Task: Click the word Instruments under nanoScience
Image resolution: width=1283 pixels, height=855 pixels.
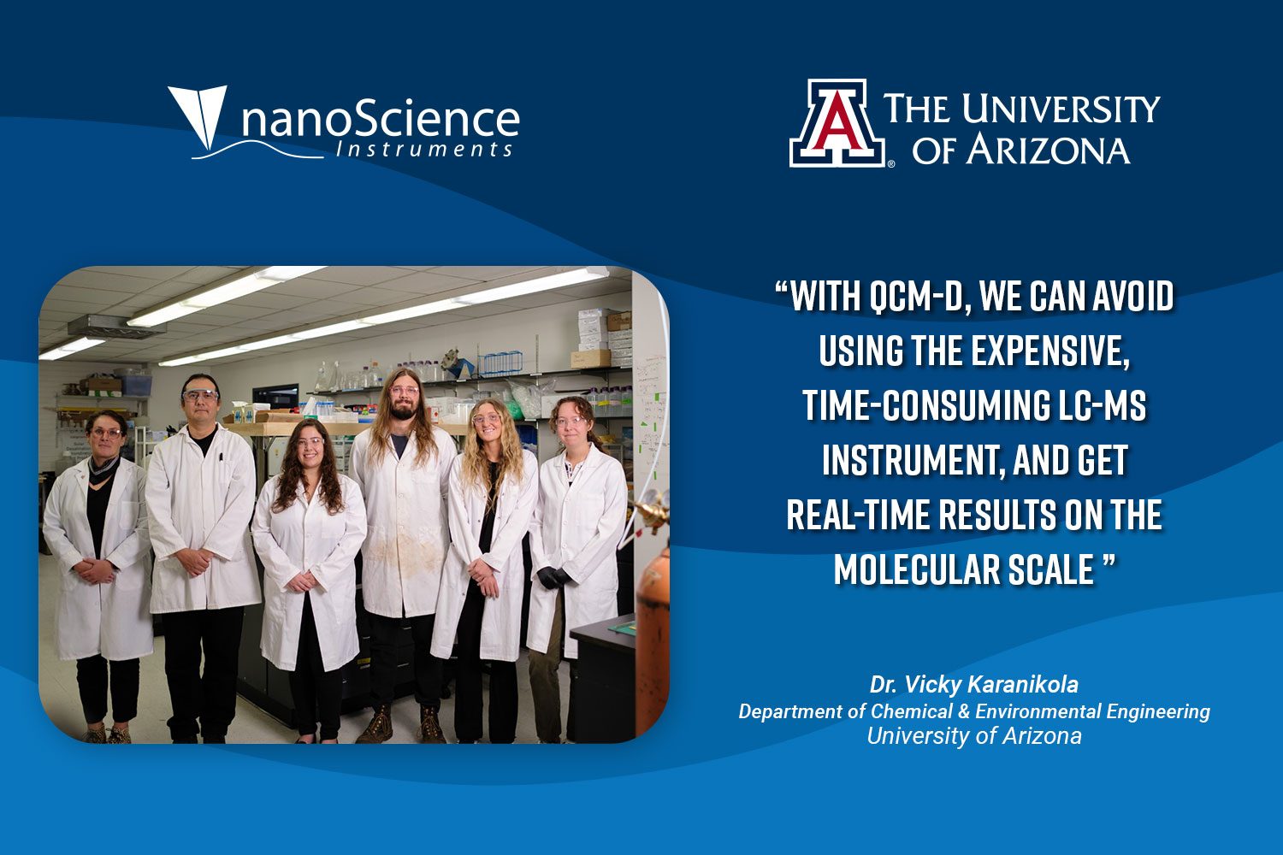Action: [x=424, y=150]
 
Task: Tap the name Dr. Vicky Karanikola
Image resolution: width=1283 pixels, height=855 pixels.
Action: [x=973, y=684]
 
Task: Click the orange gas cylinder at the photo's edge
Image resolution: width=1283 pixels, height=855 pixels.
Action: [x=653, y=635]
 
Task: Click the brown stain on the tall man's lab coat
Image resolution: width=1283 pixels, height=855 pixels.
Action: [x=403, y=549]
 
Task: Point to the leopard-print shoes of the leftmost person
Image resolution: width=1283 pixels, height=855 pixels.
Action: [x=108, y=735]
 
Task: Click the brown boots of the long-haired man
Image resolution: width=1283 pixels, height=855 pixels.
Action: [x=401, y=724]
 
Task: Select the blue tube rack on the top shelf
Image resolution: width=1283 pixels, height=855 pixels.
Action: [x=500, y=363]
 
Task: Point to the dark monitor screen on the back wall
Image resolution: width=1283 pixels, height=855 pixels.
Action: [x=275, y=396]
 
